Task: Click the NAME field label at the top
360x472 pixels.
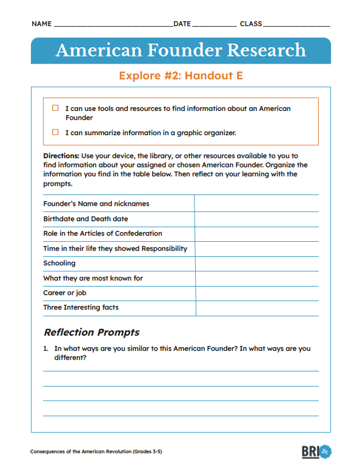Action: [x=41, y=24]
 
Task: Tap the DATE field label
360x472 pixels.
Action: [x=182, y=24]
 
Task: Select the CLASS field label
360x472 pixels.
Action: [x=251, y=24]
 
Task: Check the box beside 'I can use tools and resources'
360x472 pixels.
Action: [x=55, y=108]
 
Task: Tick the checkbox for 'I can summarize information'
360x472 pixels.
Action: [x=55, y=132]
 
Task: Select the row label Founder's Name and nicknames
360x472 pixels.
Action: [x=96, y=204]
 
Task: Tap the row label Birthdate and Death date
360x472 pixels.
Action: [x=85, y=219]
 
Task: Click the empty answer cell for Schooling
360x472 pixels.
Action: [x=256, y=264]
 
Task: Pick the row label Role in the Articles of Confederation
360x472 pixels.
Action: [x=102, y=233]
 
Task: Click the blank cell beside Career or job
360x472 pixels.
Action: [x=256, y=293]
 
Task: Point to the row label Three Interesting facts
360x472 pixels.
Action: [x=81, y=307]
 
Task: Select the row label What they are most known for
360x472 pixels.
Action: [x=93, y=278]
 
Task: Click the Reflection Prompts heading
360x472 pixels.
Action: [x=92, y=332]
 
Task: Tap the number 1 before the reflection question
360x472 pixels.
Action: [x=45, y=348]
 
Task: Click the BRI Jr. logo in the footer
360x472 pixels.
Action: [x=316, y=451]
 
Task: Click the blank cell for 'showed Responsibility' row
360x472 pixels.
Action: [x=256, y=248]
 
